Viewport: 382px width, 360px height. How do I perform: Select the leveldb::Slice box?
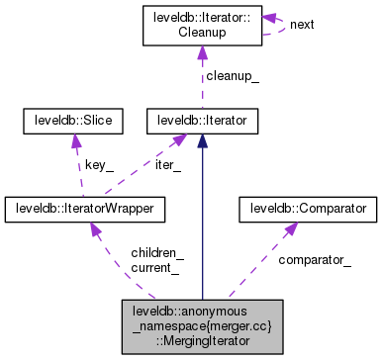(x=72, y=122)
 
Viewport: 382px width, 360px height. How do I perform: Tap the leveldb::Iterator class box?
(x=203, y=122)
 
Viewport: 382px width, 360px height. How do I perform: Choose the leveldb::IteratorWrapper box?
(x=85, y=209)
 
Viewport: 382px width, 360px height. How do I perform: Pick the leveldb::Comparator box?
(x=308, y=209)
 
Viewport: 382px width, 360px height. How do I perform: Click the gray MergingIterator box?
(x=202, y=327)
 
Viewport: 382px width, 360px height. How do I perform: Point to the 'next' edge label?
(x=302, y=24)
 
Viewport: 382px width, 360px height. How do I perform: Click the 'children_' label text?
(x=156, y=253)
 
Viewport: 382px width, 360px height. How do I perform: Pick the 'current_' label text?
(x=154, y=267)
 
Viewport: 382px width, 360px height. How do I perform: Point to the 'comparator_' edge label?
(x=314, y=260)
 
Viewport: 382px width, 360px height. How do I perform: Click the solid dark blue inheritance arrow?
(x=203, y=218)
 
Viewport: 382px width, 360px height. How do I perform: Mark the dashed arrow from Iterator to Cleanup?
(x=203, y=79)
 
